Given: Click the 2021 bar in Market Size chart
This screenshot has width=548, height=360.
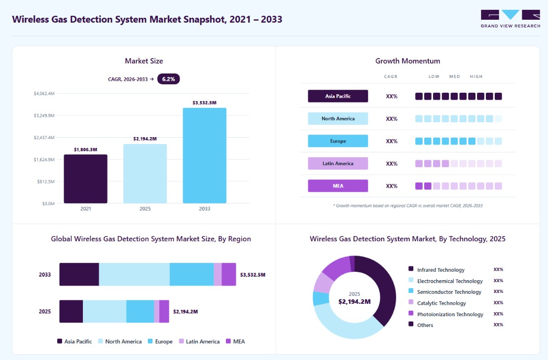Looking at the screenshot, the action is point(86,179).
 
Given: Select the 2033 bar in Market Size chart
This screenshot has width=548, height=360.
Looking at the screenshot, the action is point(204,155).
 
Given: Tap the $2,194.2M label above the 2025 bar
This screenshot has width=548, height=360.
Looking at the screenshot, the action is point(145,139).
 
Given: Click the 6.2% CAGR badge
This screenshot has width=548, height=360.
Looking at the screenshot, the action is point(169,79).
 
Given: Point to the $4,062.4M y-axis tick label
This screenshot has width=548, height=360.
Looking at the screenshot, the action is point(44,93).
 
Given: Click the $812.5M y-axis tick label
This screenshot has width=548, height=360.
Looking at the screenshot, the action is point(46,181).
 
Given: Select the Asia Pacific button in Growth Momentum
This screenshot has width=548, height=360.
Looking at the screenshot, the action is point(338,96).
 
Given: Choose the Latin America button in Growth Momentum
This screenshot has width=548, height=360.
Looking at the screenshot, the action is point(338,164).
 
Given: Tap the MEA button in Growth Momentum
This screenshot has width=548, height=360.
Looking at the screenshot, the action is point(338,186).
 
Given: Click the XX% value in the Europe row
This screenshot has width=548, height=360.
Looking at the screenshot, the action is point(392,141).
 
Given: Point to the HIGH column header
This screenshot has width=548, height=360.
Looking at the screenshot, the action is point(476,76).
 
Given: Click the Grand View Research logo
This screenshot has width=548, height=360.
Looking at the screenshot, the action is point(511,19).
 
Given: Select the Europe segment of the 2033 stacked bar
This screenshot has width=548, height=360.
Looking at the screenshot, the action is point(191,274).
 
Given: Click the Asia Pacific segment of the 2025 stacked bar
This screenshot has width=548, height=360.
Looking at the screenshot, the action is point(71,311).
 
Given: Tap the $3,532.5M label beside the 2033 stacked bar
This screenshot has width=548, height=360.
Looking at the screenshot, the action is point(253,275).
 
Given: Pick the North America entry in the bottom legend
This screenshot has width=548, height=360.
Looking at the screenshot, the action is point(120,341).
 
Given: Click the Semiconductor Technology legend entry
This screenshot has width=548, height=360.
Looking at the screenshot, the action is point(445,292).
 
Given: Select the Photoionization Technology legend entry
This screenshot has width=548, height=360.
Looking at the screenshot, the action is point(446,314).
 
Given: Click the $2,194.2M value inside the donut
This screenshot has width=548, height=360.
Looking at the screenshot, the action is point(354,302).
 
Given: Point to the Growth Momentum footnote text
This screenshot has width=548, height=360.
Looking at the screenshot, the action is point(408,206).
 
